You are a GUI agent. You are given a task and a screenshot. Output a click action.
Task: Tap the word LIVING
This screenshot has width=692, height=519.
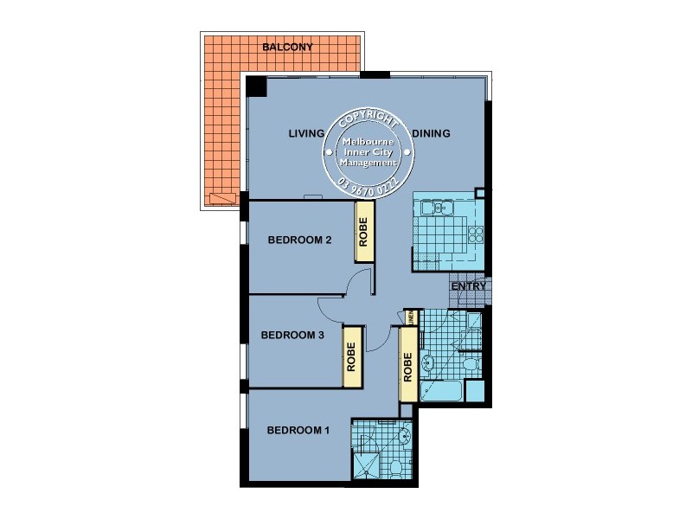(306, 133)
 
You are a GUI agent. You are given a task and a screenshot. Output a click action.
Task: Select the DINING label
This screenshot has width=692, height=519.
(431, 133)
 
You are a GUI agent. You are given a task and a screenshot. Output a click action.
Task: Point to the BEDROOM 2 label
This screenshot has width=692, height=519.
(299, 240)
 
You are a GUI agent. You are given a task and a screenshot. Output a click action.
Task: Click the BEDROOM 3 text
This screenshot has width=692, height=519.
(292, 336)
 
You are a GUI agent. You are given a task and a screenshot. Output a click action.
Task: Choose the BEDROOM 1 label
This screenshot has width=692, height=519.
(298, 430)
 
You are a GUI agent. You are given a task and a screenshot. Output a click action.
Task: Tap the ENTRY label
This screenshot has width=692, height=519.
(470, 286)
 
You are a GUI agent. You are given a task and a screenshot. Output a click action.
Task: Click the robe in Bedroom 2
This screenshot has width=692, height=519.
(363, 233)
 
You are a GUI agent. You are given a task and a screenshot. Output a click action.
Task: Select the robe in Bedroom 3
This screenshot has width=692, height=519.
(351, 356)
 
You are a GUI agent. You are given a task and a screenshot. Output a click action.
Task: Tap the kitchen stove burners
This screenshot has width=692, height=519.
(474, 234)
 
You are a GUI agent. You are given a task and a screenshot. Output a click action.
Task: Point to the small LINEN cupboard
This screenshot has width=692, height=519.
(412, 317)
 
